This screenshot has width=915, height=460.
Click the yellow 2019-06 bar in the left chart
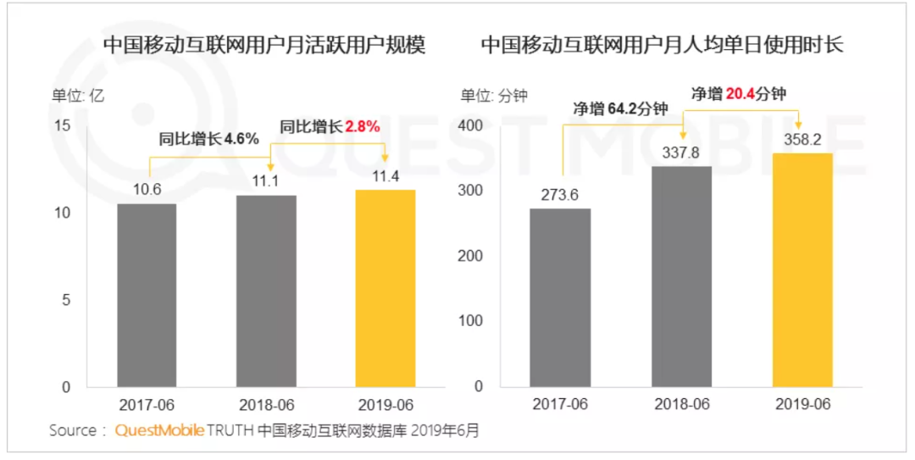pos(385,288)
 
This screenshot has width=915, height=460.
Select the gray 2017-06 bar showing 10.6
pos(147,295)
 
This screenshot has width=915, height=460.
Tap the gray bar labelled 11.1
pos(266,291)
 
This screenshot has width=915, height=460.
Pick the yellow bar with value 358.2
pos(802,269)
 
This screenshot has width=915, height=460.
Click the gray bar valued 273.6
pos(560,297)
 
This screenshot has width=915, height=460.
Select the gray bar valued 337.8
pos(681,276)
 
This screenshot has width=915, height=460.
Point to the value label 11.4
pos(385,175)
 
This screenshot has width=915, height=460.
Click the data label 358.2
pos(802,139)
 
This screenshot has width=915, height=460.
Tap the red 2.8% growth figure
pos(362,126)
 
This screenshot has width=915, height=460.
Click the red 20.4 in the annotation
pos(740,93)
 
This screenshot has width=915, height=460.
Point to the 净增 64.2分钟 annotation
pos(620,108)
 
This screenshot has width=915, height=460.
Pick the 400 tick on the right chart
pos(471,125)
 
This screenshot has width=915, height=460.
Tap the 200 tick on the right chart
pos(471,256)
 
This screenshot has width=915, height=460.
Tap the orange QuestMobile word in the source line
pos(159,430)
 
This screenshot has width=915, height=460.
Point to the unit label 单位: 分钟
pos(494,96)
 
